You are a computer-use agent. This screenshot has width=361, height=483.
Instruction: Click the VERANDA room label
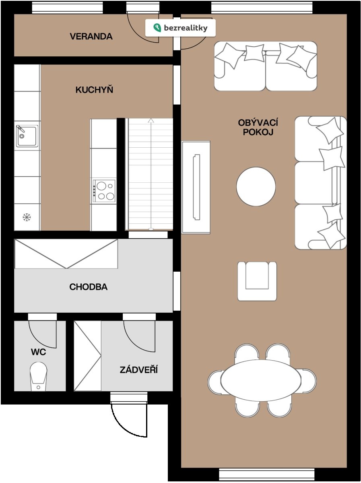click(x=91, y=36)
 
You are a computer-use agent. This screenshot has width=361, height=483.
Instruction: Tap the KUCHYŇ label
click(x=94, y=90)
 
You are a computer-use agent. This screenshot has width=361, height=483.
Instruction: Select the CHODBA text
click(x=89, y=287)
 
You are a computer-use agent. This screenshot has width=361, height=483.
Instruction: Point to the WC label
click(x=39, y=352)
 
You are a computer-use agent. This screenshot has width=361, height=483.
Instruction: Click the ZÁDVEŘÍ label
click(x=138, y=369)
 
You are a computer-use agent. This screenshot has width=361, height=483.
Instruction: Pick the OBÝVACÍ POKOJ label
click(x=258, y=127)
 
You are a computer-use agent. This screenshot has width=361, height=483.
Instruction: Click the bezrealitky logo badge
click(x=180, y=28)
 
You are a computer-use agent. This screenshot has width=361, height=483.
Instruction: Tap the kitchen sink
click(x=27, y=136)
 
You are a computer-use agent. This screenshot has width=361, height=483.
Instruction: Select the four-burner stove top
click(x=104, y=191)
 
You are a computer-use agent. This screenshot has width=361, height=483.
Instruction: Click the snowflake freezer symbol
click(x=27, y=217)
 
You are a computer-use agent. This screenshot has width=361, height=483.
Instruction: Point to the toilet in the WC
click(x=38, y=376)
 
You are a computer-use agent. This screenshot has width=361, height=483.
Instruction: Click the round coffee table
click(x=256, y=186)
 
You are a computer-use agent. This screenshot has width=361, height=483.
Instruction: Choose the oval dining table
click(x=261, y=380)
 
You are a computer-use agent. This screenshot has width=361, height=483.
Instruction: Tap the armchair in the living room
click(x=257, y=281)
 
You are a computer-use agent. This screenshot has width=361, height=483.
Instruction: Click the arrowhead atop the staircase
click(x=151, y=120)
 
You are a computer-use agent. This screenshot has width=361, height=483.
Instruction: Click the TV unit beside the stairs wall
click(x=196, y=187)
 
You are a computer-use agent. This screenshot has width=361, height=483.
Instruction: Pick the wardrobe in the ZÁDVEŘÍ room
click(x=87, y=356)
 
